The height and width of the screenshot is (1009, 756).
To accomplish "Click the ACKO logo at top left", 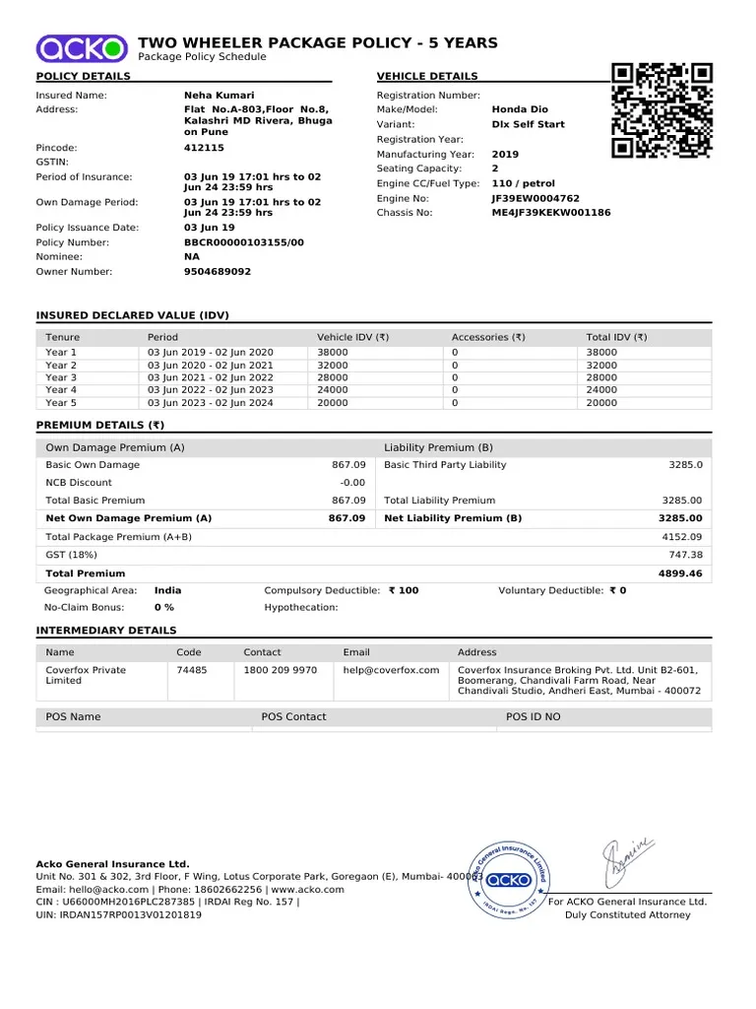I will [83, 46].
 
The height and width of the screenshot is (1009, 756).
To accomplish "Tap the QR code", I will [661, 110].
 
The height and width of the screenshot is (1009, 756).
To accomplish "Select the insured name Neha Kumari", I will [219, 96].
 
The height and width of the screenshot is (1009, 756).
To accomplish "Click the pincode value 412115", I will [204, 148].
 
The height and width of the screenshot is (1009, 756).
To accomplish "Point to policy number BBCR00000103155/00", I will [244, 242].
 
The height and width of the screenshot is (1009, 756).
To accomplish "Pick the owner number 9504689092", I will [218, 272].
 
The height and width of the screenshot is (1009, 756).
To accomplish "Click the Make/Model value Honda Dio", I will [520, 109].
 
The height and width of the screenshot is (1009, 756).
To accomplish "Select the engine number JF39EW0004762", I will [535, 198].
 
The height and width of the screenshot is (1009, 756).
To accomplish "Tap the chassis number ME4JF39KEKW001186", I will [550, 213].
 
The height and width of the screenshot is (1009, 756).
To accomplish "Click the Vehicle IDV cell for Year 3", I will [333, 377].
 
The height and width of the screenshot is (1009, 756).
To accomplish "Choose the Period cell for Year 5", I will [211, 403].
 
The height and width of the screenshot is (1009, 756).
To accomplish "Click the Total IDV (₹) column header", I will [616, 337].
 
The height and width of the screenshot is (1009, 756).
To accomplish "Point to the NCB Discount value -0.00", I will [352, 483].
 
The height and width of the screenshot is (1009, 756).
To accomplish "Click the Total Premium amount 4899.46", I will [680, 573].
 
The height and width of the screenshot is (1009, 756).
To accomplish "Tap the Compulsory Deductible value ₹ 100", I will [404, 590].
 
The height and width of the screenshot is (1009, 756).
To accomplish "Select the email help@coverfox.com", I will [391, 670].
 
